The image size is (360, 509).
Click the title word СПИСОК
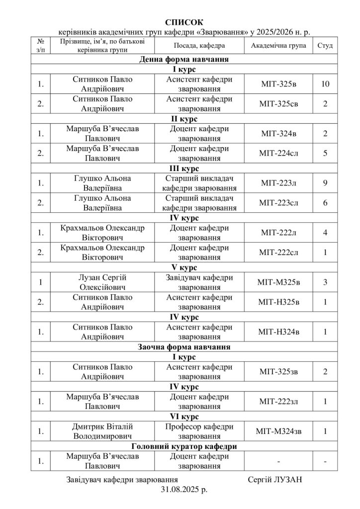point(184,22)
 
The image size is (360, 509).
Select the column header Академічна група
point(278,45)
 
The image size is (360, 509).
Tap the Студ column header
point(325,45)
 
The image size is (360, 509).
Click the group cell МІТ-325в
point(278,84)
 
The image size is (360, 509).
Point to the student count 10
point(325,84)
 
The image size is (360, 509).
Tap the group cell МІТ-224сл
point(278,153)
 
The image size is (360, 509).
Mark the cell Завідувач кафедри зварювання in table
point(199,282)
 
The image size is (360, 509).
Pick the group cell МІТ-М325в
point(278,282)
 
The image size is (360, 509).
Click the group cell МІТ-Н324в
point(278,332)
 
